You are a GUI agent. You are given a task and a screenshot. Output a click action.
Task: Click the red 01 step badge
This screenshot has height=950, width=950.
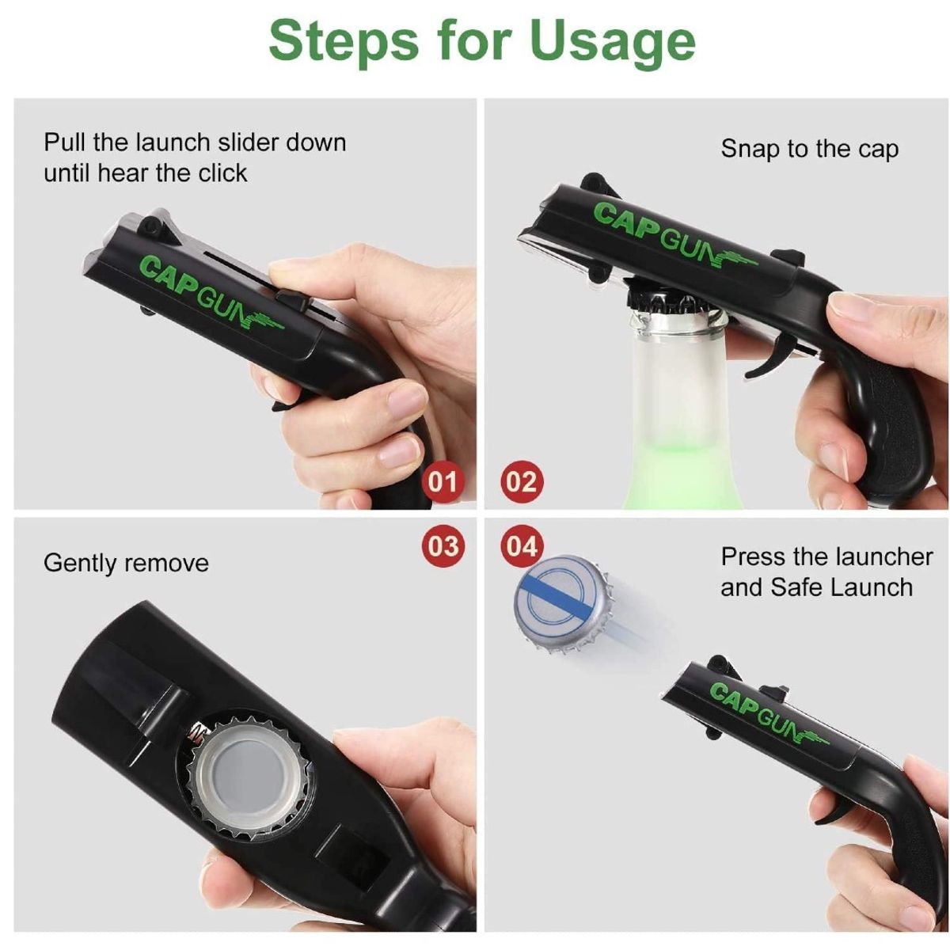click(x=443, y=481)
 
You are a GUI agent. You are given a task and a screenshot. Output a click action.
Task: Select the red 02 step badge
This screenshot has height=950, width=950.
click(x=521, y=481)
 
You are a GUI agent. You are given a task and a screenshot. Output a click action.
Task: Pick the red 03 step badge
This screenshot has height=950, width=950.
click(x=443, y=546)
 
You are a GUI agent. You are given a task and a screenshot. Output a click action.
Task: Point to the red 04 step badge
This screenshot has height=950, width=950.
click(x=522, y=546)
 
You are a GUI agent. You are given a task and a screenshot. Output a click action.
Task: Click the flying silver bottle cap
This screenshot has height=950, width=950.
click(x=565, y=605)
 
